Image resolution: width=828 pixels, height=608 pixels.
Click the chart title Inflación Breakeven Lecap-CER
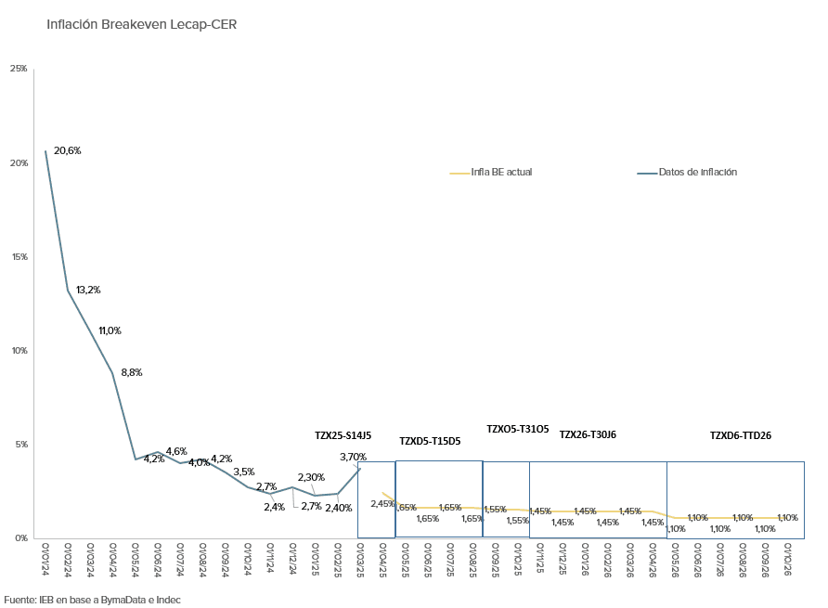[142, 25]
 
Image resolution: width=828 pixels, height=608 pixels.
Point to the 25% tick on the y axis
[19, 69]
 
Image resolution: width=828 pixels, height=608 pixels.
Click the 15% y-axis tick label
[19, 256]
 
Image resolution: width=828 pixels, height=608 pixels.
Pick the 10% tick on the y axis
[19, 350]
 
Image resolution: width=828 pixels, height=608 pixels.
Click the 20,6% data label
[68, 150]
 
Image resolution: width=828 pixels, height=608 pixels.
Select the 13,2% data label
[88, 290]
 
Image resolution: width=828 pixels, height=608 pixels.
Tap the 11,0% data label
[110, 330]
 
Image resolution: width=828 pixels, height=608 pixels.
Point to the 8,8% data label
[132, 372]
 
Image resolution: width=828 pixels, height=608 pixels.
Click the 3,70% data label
[353, 457]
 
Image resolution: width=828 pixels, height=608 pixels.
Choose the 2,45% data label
[383, 504]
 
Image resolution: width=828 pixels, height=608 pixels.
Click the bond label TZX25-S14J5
[343, 434]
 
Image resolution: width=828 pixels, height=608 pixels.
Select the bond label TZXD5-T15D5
[430, 441]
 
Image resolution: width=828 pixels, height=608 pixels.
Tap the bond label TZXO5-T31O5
[518, 429]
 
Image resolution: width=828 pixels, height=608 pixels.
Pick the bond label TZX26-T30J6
[588, 434]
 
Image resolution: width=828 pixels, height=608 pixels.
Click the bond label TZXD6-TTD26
[741, 434]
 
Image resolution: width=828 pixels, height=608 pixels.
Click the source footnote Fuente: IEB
[93, 600]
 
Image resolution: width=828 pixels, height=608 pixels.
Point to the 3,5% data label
[244, 472]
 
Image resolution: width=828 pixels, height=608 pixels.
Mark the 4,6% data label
[176, 451]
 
